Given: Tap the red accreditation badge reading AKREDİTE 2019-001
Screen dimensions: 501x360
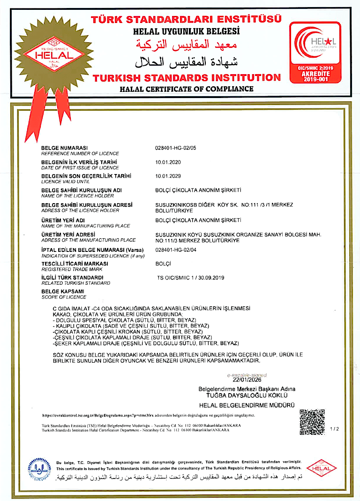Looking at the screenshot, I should [x=315, y=53].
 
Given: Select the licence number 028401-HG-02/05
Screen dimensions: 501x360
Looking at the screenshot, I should [x=176, y=148].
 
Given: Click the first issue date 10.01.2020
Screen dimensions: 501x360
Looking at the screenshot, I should [x=168, y=162].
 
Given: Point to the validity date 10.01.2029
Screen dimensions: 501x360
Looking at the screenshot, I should [x=168, y=176].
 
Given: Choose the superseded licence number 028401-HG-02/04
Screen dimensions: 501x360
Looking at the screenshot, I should [x=176, y=250].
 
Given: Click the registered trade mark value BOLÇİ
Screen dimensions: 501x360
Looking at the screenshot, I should [x=164, y=264].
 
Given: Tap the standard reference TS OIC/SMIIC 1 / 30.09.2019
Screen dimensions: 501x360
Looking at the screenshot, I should [x=191, y=278].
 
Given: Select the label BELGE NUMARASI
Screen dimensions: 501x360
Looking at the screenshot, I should [x=65, y=148].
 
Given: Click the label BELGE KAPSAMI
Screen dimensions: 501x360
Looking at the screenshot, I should [x=62, y=292].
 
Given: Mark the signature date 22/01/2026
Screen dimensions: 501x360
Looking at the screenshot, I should [x=247, y=380].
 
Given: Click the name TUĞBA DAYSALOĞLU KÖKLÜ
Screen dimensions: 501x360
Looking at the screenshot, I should [x=247, y=395].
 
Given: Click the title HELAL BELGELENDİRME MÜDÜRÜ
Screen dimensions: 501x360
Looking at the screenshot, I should [x=247, y=405].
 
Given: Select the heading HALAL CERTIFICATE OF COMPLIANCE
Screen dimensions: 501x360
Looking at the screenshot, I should [x=187, y=89].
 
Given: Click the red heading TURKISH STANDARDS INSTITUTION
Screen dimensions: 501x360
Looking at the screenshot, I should [x=187, y=77].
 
